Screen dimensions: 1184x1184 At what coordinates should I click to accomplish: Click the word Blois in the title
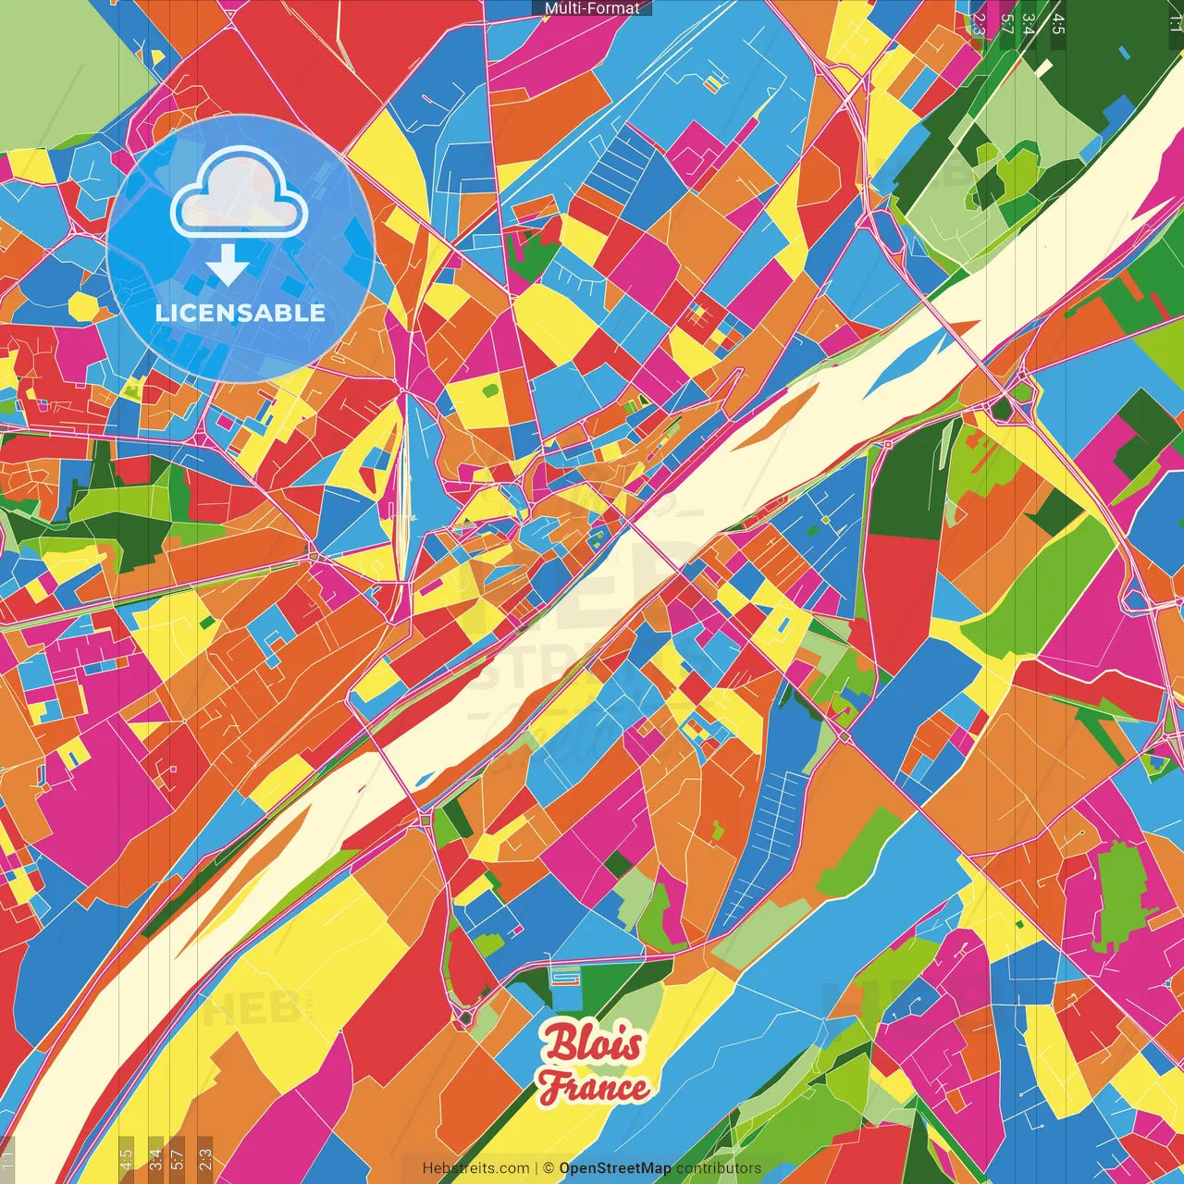[x=592, y=1043]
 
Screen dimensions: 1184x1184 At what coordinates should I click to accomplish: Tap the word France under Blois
[x=594, y=1087]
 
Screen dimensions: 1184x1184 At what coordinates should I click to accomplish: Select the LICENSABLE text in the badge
[x=240, y=313]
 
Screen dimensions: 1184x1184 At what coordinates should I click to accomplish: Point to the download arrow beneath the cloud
[x=227, y=265]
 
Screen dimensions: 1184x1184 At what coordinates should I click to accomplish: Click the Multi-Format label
[x=592, y=8]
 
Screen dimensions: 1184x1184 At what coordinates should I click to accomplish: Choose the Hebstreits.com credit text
[x=475, y=1168]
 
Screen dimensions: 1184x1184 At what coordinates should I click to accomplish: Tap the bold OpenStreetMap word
[x=615, y=1168]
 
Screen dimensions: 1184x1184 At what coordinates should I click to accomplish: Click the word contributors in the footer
[x=719, y=1168]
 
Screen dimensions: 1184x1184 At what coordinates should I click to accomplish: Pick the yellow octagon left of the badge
[x=82, y=304]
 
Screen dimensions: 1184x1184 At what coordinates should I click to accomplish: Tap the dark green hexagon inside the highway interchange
[x=1003, y=408]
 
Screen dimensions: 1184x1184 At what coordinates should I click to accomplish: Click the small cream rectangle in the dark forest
[x=1044, y=68]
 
